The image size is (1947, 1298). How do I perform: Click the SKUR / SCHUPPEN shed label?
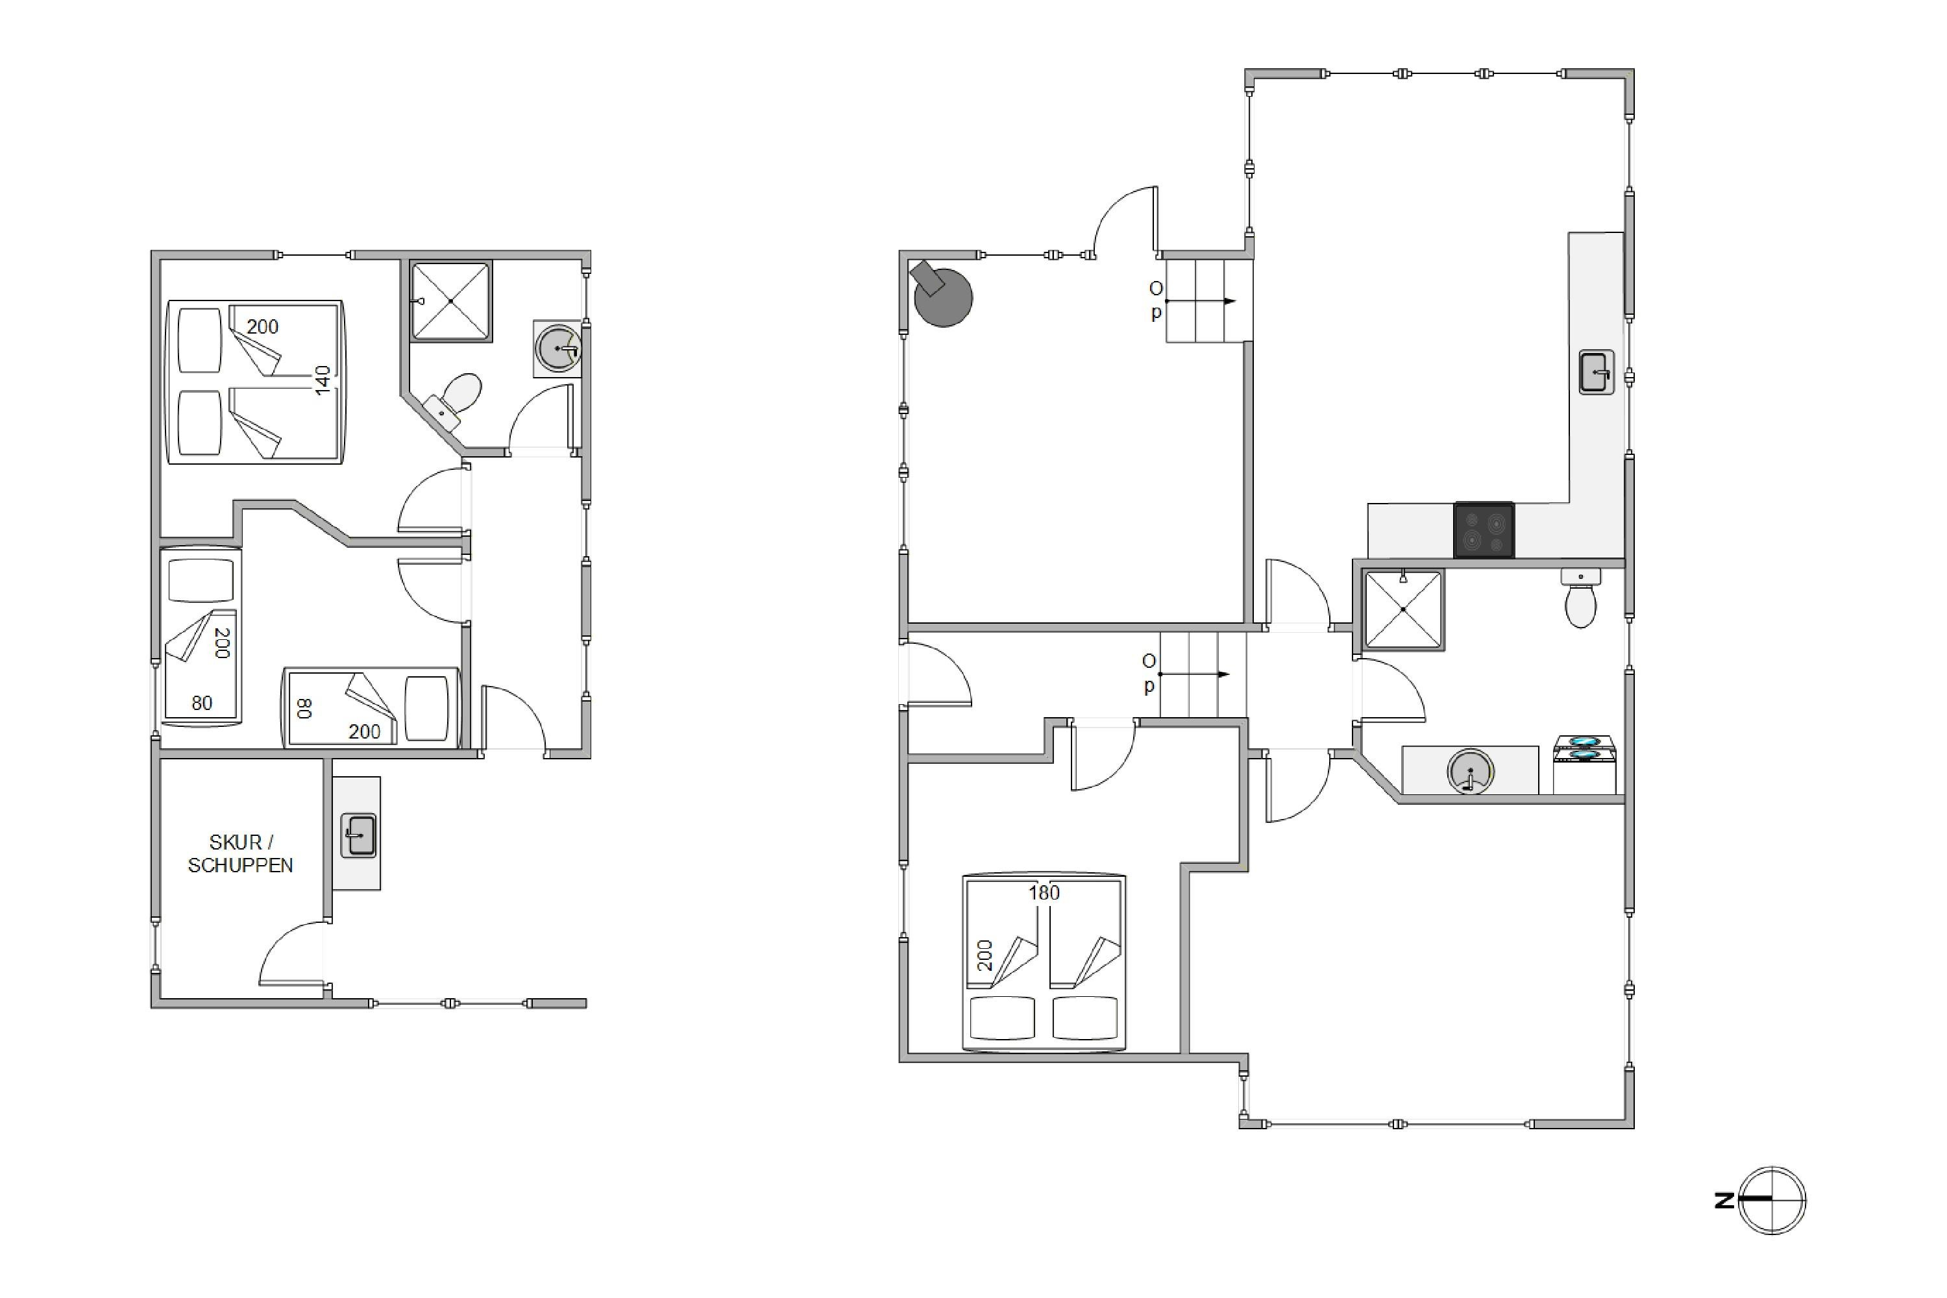(x=240, y=853)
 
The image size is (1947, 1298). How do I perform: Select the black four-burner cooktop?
(x=1484, y=530)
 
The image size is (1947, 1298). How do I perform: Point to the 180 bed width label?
(x=1044, y=892)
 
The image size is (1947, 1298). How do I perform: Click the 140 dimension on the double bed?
(x=323, y=380)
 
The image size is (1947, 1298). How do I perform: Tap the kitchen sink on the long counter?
(x=1597, y=372)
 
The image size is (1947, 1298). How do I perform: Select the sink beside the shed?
(x=358, y=835)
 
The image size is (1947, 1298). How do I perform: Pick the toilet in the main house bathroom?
(x=1581, y=598)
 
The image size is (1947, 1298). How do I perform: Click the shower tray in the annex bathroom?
(x=451, y=301)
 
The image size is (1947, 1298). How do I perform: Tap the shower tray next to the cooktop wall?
(x=1403, y=609)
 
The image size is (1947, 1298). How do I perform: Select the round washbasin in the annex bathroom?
(x=558, y=349)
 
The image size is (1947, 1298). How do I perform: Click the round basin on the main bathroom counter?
(x=1470, y=772)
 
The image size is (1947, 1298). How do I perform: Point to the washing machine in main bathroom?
(x=1584, y=765)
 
